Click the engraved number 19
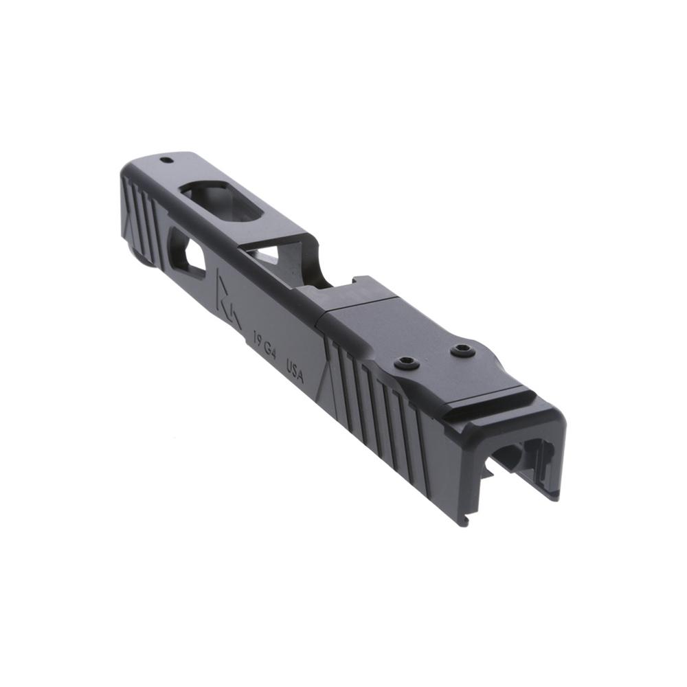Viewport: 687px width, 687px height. pos(259,339)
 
